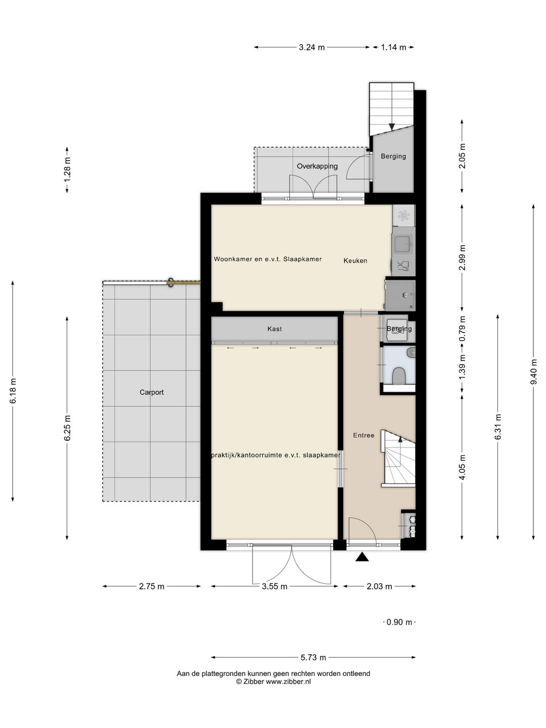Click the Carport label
coord(152,392)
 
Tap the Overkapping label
coord(317,166)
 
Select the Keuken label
coord(355,261)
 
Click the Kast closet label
coord(275,329)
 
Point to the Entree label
coord(363,435)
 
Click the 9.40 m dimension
coord(533,372)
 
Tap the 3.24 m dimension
coord(311,48)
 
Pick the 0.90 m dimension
coord(399,622)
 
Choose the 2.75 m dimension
coord(152,586)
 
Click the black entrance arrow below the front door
coord(362,557)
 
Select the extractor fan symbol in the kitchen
coord(403,216)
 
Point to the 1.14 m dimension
coord(393,48)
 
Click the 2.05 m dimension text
coord(462,156)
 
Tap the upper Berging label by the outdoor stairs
coord(393,156)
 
